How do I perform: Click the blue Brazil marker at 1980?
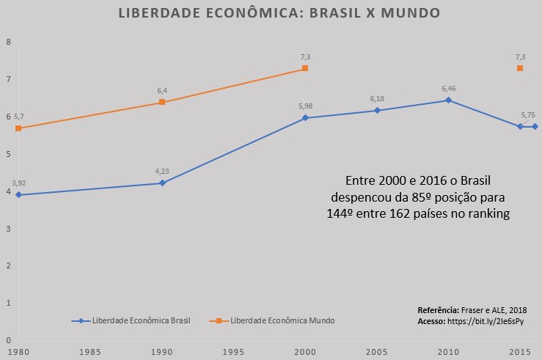[18, 195]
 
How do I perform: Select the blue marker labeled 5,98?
[305, 118]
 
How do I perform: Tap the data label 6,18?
[377, 99]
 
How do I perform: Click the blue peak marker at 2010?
[448, 100]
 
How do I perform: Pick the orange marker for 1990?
[162, 103]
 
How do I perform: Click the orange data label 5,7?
[18, 117]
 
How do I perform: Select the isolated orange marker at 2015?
[520, 68]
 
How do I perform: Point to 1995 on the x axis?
[234, 352]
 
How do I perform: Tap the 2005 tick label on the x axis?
[377, 352]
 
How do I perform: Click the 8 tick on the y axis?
[7, 42]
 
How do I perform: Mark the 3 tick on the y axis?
[7, 229]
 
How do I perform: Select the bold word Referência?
[438, 310]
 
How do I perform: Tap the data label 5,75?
[528, 115]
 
